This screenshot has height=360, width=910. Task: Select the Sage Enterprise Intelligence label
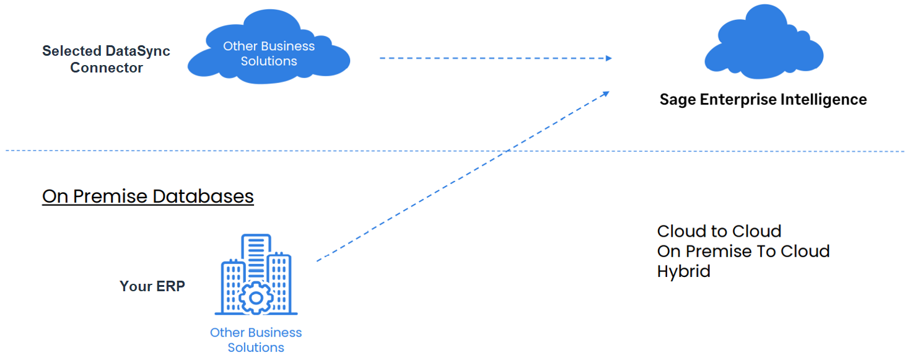tap(763, 100)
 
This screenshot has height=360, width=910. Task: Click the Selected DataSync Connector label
tap(106, 59)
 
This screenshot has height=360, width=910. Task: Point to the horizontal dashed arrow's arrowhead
tap(608, 58)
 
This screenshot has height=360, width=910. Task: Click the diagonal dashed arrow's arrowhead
tap(606, 94)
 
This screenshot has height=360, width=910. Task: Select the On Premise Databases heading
tap(147, 196)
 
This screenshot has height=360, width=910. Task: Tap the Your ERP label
tap(152, 286)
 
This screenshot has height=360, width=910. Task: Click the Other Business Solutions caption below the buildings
tap(256, 340)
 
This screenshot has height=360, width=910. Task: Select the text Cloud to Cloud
tap(719, 232)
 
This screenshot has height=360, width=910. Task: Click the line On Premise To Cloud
tap(743, 252)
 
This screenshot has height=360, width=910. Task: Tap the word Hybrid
tap(683, 271)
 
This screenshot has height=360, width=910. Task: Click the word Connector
tap(106, 68)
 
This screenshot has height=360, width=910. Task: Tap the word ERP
tap(170, 286)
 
